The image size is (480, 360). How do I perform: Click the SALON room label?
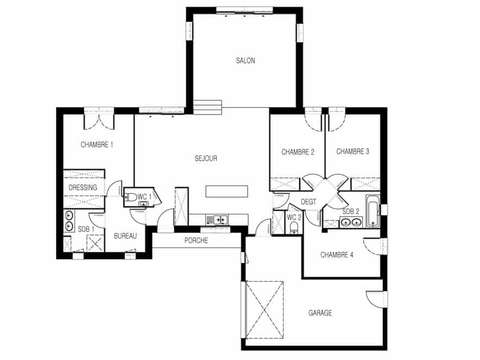[x=245, y=61]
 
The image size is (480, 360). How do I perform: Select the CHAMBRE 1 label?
[x=97, y=146]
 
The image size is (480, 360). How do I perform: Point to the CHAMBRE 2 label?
[x=298, y=151]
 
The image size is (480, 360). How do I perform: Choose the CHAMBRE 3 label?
[x=353, y=151]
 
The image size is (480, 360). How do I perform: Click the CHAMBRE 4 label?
[x=337, y=255]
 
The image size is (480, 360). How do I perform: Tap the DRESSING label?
[x=83, y=188]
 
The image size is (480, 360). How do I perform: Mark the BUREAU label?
[x=125, y=236]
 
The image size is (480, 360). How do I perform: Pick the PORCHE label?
[x=195, y=241]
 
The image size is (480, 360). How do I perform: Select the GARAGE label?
[x=320, y=313]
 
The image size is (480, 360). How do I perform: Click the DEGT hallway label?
[x=309, y=202]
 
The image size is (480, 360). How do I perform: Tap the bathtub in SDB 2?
[x=373, y=211]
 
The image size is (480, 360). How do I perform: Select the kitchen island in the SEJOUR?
[x=224, y=192]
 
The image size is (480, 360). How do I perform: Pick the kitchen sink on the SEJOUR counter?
[x=214, y=219]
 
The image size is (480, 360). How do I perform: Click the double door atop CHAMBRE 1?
[x=100, y=122]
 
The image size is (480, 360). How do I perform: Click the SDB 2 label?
[x=350, y=212]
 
